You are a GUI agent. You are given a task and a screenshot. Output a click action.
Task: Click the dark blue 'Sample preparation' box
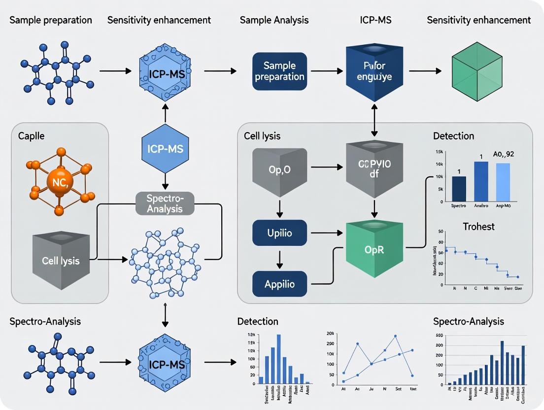coord(279,71)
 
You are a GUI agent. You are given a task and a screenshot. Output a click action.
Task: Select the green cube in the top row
coord(476,72)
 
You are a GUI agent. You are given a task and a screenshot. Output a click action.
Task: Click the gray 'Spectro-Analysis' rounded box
coord(165,204)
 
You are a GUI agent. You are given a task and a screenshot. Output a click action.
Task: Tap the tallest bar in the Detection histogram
coord(279,359)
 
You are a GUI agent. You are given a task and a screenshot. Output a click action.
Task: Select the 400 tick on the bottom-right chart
coord(439,335)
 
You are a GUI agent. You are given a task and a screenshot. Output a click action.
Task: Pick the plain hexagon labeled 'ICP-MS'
coord(166,148)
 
